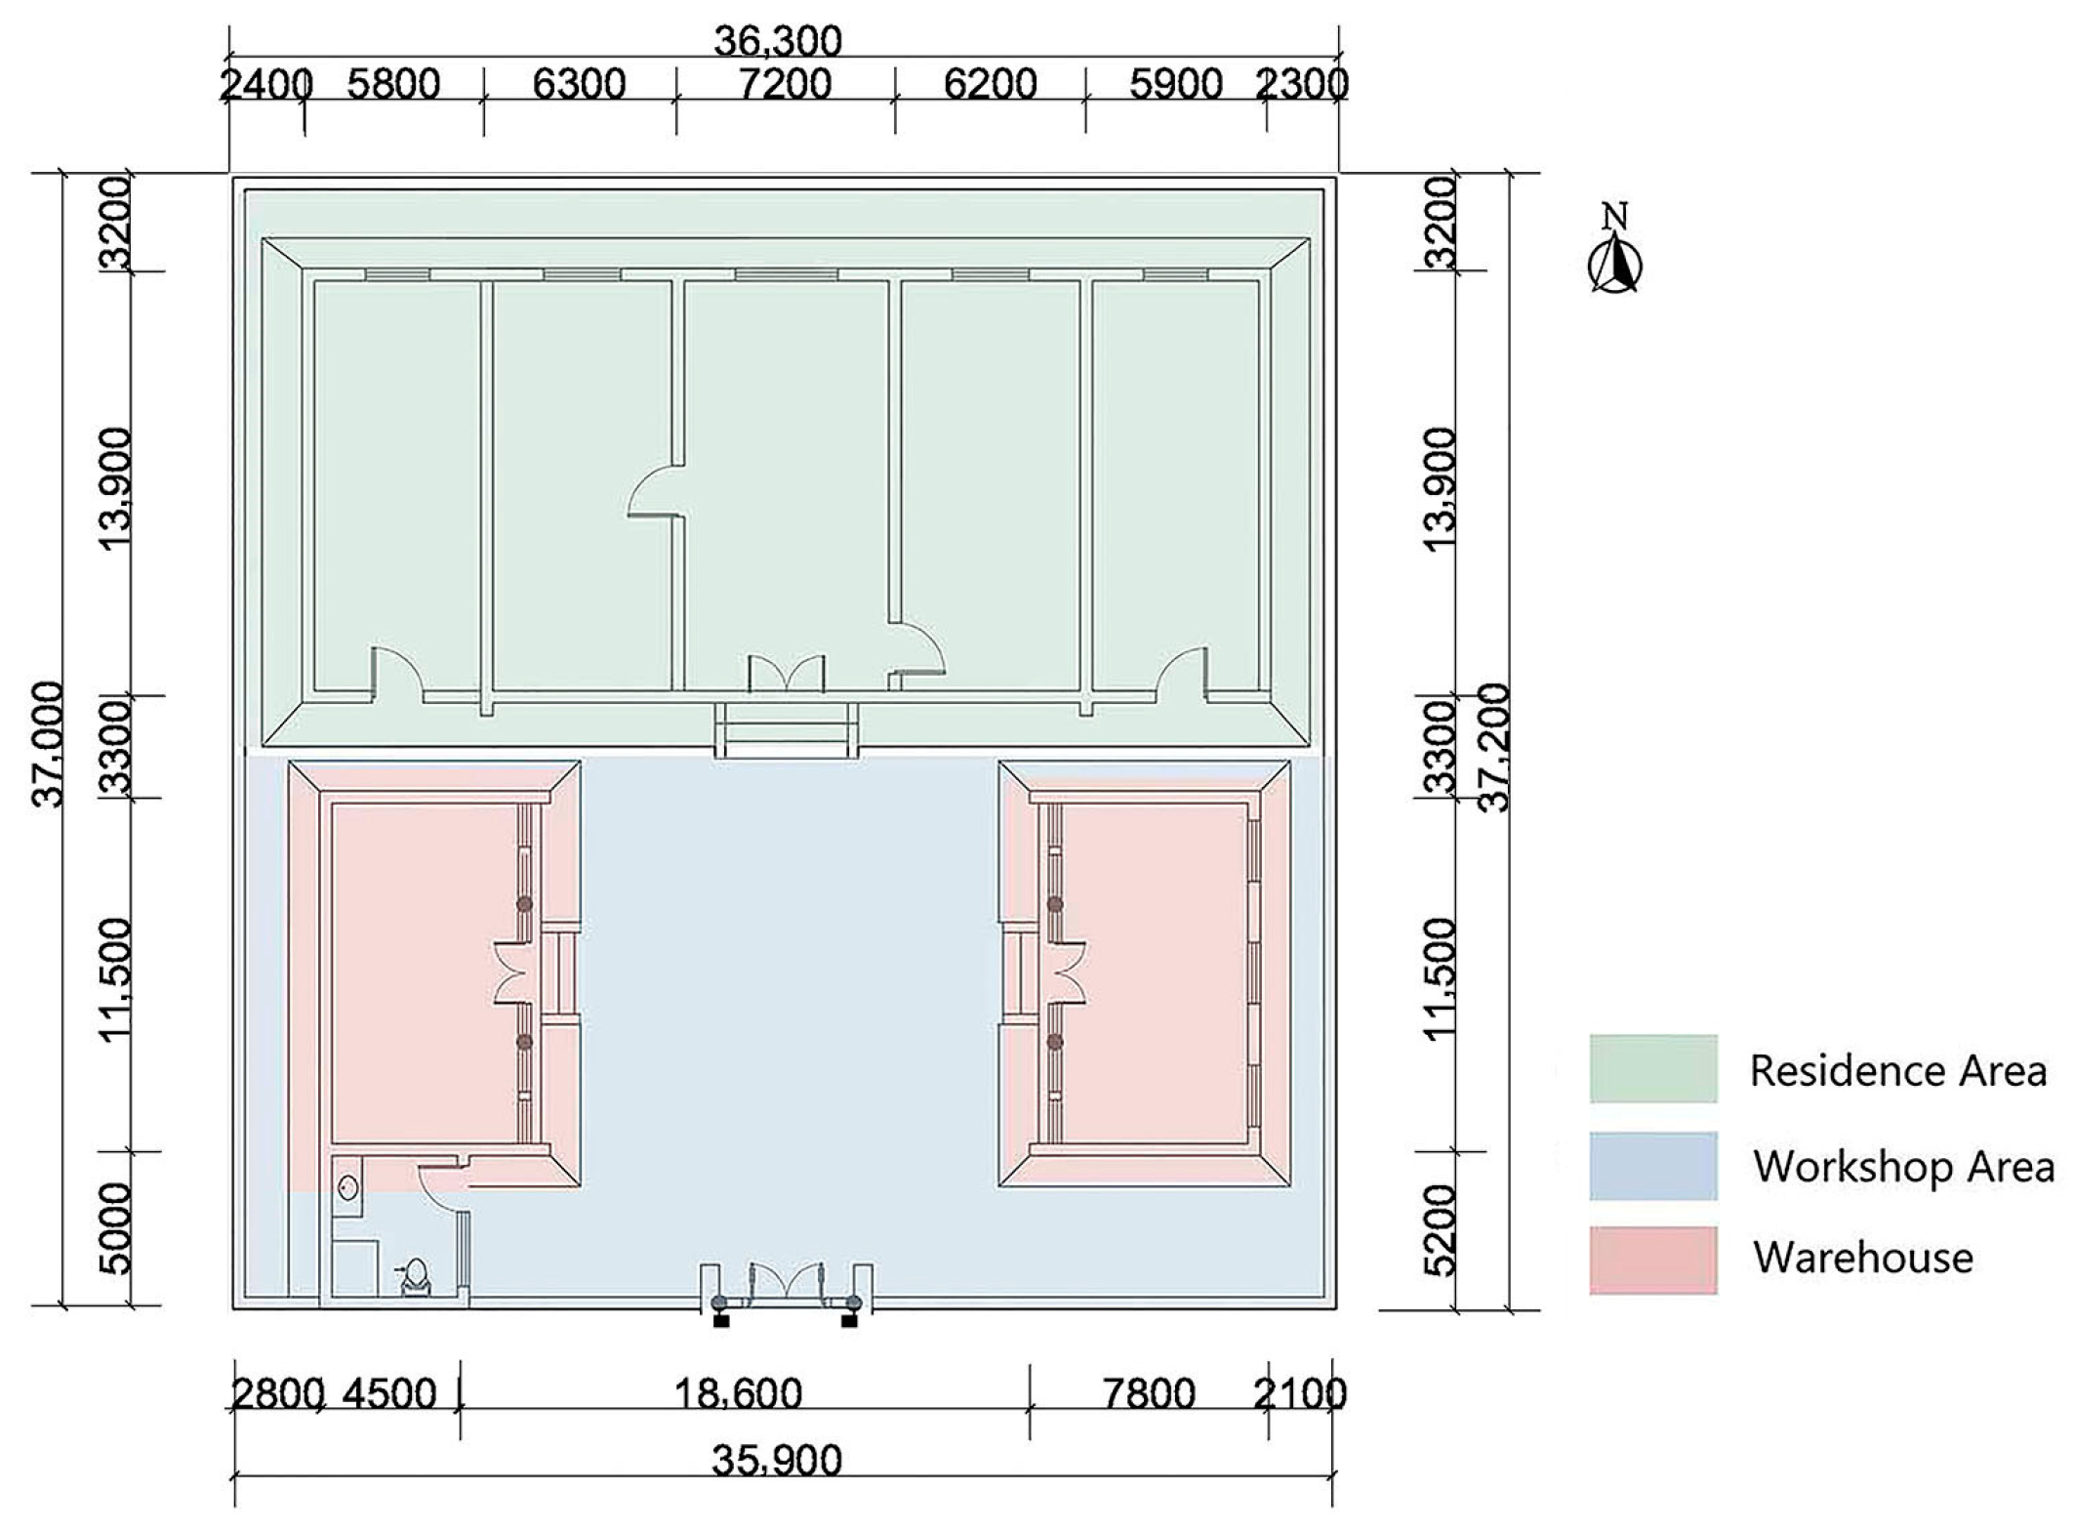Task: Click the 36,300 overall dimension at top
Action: pos(777,41)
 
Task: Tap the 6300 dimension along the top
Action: pos(579,85)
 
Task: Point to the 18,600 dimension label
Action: pos(738,1393)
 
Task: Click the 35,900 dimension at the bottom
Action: pos(777,1462)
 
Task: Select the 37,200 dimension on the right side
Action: pos(1494,747)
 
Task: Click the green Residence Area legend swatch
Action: pos(1652,1069)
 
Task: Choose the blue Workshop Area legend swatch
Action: pos(1652,1166)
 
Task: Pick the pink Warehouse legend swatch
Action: pos(1652,1261)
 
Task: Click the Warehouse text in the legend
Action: pos(1862,1258)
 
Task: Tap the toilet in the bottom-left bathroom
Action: pos(415,1276)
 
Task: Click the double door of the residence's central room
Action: pos(786,675)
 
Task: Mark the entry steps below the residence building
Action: pos(786,730)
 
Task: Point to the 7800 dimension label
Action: pos(1149,1393)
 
